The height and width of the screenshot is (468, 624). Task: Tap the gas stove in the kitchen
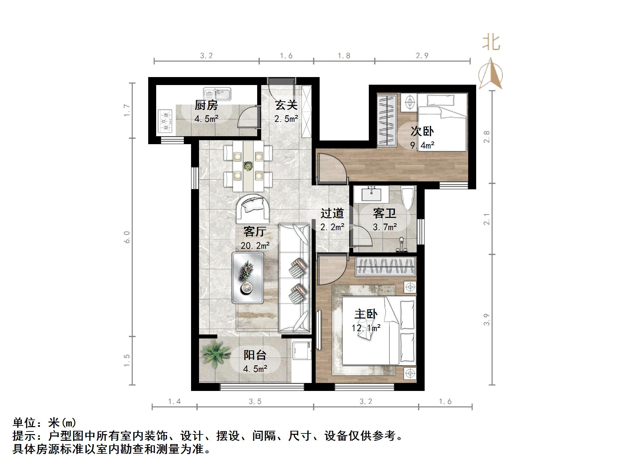click(165, 122)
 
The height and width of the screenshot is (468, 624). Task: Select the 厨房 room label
click(206, 105)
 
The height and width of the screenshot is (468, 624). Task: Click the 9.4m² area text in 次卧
click(422, 145)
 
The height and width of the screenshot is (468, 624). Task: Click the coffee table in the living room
click(248, 278)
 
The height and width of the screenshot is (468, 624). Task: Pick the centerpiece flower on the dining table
click(248, 165)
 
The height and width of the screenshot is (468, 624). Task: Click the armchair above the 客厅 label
click(253, 209)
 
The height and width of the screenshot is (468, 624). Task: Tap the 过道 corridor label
click(332, 213)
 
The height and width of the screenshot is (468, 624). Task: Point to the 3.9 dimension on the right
click(487, 320)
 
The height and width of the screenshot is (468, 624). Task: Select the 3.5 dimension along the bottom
click(255, 402)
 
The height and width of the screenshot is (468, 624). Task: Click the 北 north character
click(491, 43)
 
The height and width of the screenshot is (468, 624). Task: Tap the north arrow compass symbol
click(491, 75)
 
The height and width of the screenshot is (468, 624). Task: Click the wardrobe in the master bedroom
click(386, 266)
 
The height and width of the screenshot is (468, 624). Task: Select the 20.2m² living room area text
click(255, 245)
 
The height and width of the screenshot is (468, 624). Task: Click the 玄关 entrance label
click(286, 105)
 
